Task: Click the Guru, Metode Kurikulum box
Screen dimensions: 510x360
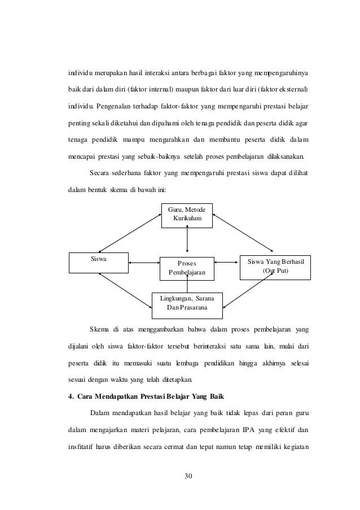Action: pos(187,215)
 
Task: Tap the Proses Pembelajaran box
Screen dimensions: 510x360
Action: pos(187,268)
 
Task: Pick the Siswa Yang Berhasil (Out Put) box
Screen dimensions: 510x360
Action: pos(275,265)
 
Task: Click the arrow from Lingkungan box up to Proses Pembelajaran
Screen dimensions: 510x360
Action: pos(187,286)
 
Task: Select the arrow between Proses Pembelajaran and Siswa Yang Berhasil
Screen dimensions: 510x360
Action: pos(227,261)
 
